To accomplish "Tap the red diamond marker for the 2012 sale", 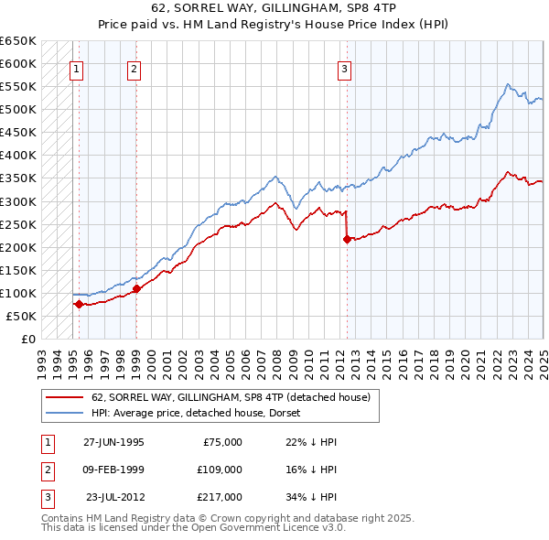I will pyautogui.click(x=347, y=240).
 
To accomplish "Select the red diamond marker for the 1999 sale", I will pyautogui.click(x=136, y=288).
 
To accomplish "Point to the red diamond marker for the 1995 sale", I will pyautogui.click(x=79, y=304).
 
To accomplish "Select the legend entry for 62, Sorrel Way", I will pyautogui.click(x=230, y=397).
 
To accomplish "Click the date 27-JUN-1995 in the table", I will pyautogui.click(x=113, y=442).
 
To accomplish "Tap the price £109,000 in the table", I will pyautogui.click(x=219, y=470).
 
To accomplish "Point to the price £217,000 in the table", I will pyautogui.click(x=219, y=497).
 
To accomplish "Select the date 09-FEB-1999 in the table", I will pyautogui.click(x=113, y=470).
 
